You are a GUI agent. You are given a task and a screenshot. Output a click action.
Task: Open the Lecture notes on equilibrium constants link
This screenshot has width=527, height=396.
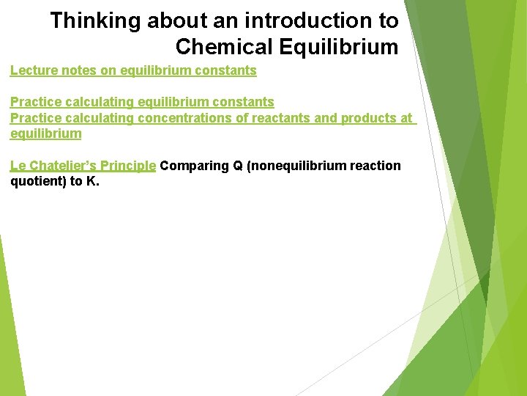pyautogui.click(x=133, y=70)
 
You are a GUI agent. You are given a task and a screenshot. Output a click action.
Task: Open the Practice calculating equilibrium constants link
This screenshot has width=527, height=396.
pyautogui.click(x=142, y=102)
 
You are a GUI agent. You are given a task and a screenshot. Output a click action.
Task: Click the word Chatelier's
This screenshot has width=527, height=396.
pyautogui.click(x=62, y=166)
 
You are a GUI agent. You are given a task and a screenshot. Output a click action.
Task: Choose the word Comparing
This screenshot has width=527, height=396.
pyautogui.click(x=195, y=166)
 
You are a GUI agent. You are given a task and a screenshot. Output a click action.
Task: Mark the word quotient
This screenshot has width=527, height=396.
pyautogui.click(x=36, y=181)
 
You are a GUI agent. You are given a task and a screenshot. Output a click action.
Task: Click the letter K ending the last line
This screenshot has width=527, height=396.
pyautogui.click(x=91, y=181)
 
